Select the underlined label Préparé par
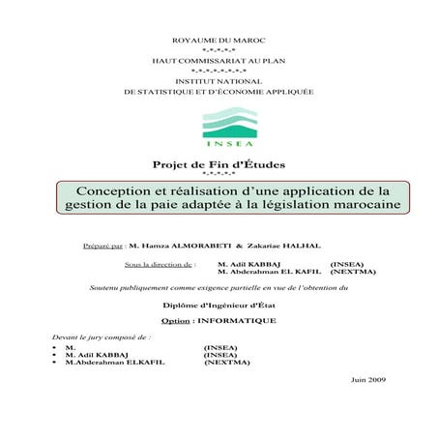(x=102, y=246)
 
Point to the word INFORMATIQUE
(x=237, y=319)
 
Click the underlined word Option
(x=175, y=319)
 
